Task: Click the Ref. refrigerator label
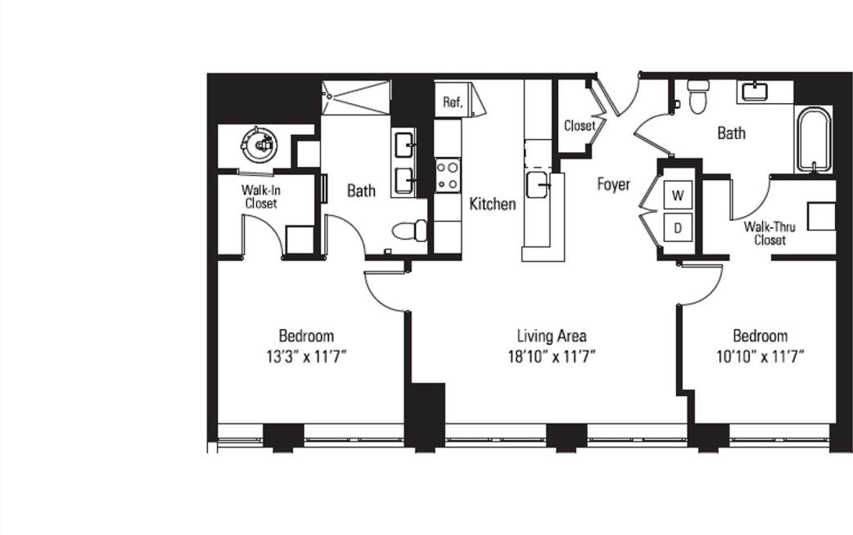[x=453, y=102]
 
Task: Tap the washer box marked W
[x=678, y=196]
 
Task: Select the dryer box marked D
[x=678, y=228]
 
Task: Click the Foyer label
[x=612, y=184]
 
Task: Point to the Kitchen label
[x=492, y=204]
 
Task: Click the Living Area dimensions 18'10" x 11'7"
[x=551, y=356]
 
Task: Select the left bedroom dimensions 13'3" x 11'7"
[x=306, y=356]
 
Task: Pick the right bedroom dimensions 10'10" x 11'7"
[x=760, y=356]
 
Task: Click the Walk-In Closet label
[x=259, y=196]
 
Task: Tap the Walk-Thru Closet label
[x=770, y=233]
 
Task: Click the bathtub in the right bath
[x=813, y=139]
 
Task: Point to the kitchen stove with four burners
[x=447, y=174]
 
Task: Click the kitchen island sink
[x=539, y=185]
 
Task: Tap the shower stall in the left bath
[x=356, y=97]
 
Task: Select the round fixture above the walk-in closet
[x=261, y=145]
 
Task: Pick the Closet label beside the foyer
[x=580, y=126]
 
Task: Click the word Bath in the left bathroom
[x=361, y=191]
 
